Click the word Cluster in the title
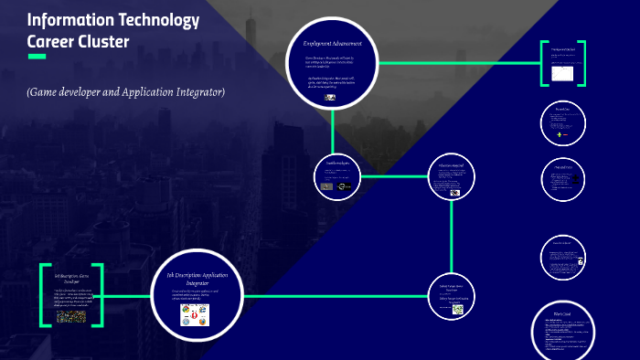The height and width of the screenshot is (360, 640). click(x=102, y=41)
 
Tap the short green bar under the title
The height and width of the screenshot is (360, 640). click(x=37, y=57)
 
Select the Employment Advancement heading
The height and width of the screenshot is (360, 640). click(x=333, y=43)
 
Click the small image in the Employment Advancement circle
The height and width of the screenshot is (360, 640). click(x=329, y=97)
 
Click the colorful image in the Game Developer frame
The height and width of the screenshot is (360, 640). click(x=71, y=316)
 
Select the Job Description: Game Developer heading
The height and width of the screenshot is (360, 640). click(x=71, y=277)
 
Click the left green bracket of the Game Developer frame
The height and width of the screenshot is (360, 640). click(x=42, y=295)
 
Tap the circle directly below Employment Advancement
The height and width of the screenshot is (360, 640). click(x=336, y=176)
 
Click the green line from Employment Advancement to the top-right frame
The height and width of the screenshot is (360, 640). click(x=457, y=63)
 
